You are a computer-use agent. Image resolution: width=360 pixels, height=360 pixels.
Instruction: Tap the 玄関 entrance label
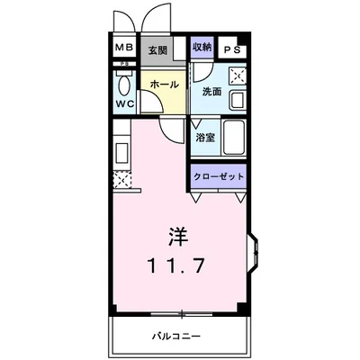(x=157, y=50)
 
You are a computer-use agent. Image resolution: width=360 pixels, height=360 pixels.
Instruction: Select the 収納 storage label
(x=202, y=47)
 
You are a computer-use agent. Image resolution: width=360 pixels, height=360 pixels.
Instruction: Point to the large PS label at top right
(x=232, y=50)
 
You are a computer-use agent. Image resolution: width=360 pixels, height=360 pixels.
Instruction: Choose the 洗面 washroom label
(x=211, y=91)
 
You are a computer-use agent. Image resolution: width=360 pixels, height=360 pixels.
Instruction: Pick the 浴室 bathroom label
(x=204, y=138)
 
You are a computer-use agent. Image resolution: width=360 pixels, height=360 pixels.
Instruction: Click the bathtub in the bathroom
(x=235, y=138)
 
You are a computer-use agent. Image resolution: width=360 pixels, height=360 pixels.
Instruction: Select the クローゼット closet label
(x=220, y=177)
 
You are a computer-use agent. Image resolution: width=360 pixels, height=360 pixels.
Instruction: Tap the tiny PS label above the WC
(x=122, y=66)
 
